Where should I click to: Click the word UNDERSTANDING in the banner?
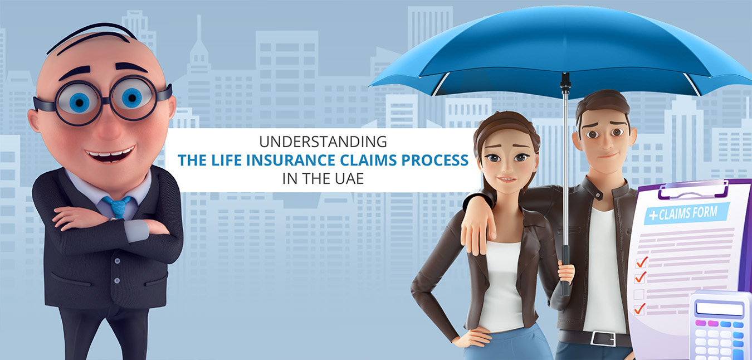323,141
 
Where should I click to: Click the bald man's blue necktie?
119,206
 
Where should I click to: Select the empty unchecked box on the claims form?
639,294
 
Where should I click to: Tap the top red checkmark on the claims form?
641,261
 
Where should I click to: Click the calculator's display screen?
719,308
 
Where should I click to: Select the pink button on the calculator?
700,323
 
